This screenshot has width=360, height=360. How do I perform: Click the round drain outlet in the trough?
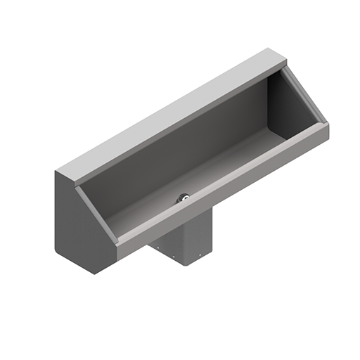184,198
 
